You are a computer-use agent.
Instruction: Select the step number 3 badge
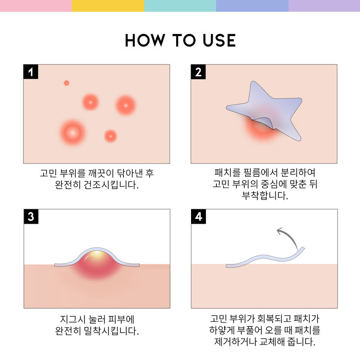pos(31,217)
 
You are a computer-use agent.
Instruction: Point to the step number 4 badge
pos(198,217)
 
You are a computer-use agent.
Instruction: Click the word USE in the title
pos(216,40)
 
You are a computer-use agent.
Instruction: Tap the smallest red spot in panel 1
pos(67,83)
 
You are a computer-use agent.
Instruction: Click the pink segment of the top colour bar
pos(36,5)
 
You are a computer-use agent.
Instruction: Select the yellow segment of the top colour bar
pos(108,5)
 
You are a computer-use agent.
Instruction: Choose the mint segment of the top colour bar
pos(180,5)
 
